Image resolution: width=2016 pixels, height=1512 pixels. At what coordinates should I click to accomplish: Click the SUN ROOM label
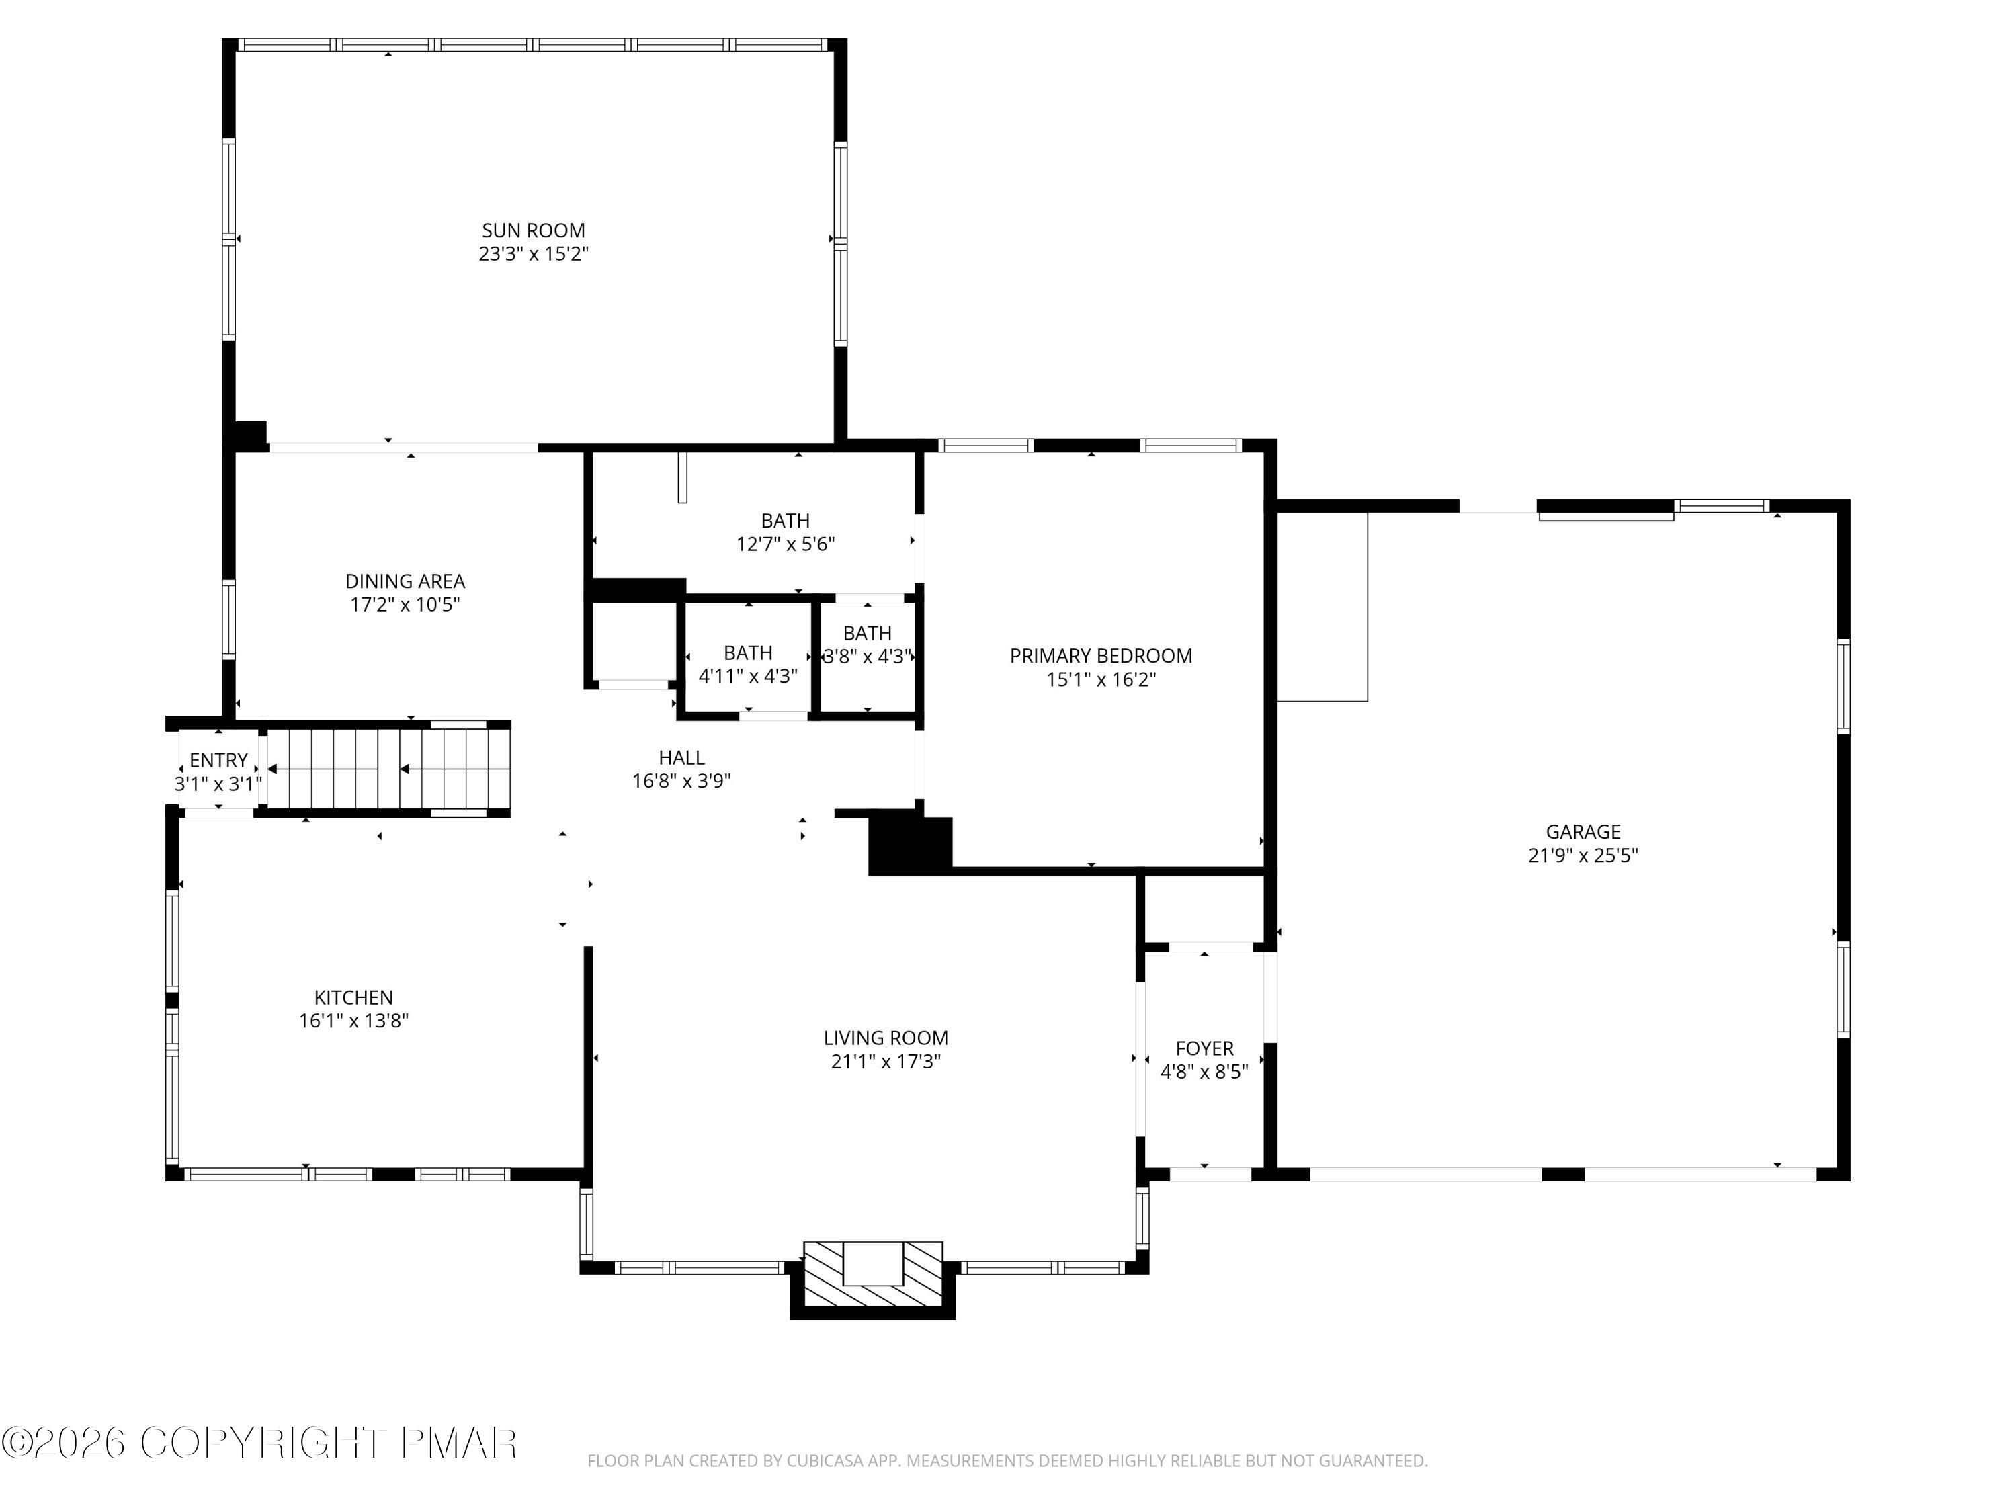pyautogui.click(x=533, y=230)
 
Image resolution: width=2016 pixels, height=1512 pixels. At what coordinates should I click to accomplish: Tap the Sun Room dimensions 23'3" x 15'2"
pyautogui.click(x=533, y=254)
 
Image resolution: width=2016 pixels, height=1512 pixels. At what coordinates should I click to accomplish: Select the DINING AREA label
pyautogui.click(x=405, y=581)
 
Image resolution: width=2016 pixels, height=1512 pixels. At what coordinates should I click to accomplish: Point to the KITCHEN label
pyautogui.click(x=353, y=998)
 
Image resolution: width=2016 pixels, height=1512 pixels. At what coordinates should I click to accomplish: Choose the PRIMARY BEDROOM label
pyautogui.click(x=1100, y=656)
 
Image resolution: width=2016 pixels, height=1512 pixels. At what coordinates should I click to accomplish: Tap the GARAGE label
pyautogui.click(x=1582, y=832)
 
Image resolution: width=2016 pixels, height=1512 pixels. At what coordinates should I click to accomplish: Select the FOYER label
pyautogui.click(x=1204, y=1049)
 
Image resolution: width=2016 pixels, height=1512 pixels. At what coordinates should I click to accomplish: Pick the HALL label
pyautogui.click(x=681, y=757)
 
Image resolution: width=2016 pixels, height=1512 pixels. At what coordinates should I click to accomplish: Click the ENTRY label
pyautogui.click(x=218, y=760)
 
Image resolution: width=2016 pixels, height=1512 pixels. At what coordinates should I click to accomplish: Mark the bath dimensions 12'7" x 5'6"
pyautogui.click(x=785, y=545)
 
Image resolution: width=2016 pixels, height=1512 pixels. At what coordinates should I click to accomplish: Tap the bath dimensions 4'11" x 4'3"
pyautogui.click(x=747, y=676)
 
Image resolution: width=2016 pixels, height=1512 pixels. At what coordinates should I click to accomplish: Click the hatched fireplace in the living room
pyautogui.click(x=872, y=1276)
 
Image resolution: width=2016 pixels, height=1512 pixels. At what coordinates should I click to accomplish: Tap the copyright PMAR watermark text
pyautogui.click(x=260, y=1443)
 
